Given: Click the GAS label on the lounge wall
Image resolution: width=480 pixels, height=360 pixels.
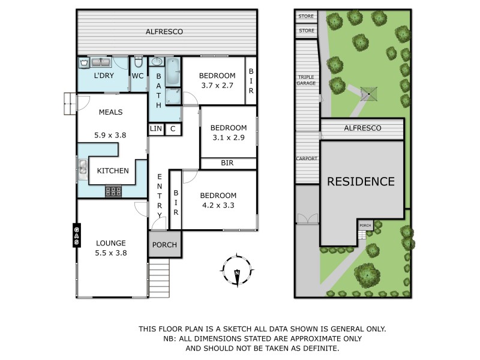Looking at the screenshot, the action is coord(77,235).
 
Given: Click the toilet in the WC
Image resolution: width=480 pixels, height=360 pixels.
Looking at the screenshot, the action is coord(139,62).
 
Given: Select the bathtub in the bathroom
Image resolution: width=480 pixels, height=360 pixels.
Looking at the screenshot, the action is coord(173,72).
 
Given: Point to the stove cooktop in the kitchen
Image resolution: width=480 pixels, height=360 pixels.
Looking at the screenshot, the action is coord(113,191).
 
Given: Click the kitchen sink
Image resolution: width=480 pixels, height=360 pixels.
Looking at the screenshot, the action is coord(83,170).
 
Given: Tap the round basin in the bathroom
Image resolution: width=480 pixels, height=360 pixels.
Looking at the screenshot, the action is coord(157,62).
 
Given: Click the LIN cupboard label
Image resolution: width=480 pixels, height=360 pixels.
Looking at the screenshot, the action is coord(156,128).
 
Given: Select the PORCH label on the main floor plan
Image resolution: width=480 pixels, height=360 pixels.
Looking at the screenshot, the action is coord(164,245).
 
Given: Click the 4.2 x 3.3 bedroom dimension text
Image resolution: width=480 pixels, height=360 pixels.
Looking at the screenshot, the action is coord(218,205).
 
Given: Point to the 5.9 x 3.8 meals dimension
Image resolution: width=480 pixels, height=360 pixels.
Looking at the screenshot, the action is coord(110,135).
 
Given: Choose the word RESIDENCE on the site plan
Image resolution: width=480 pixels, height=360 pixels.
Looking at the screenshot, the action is coord(361,182).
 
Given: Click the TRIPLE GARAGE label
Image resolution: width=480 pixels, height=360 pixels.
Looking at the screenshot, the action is coord(306,80).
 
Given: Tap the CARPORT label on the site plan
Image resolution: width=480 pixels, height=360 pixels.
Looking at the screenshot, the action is coord(307,158).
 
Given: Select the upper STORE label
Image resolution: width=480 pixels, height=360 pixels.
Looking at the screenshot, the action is coord(306,16).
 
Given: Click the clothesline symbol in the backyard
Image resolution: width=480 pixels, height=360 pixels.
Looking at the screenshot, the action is coord(368,94).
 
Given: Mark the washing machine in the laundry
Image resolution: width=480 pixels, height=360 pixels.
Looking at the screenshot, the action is coord(83,63).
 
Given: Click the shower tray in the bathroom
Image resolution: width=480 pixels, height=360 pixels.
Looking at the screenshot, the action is coord(173,96).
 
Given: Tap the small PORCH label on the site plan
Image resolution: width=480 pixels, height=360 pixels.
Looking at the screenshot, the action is coord(365,226).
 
